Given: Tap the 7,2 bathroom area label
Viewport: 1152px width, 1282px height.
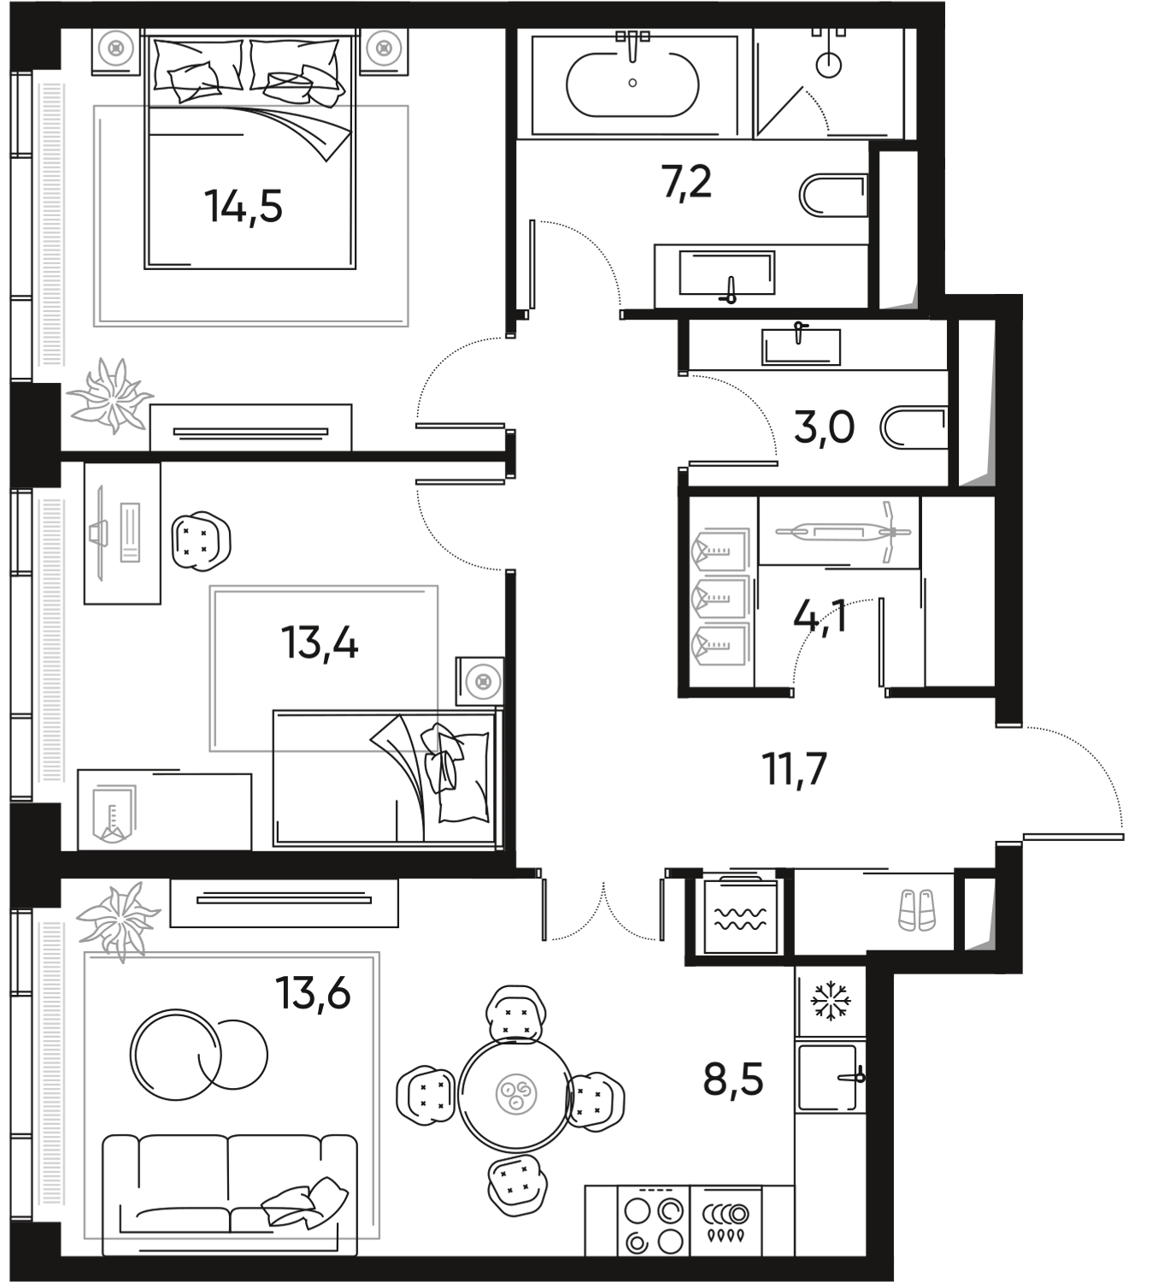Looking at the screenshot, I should (x=688, y=185).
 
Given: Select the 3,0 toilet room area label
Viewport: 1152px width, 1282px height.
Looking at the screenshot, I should (x=823, y=429).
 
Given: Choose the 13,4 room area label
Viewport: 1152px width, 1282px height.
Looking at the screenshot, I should (x=320, y=643).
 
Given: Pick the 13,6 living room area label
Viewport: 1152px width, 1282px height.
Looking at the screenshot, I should (x=313, y=994).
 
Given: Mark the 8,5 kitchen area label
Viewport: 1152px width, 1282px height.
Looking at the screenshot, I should (x=732, y=1080).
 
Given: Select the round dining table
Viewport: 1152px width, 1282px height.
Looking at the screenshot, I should (x=514, y=1091).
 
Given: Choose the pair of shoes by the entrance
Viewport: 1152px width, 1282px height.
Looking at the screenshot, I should (x=919, y=909).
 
